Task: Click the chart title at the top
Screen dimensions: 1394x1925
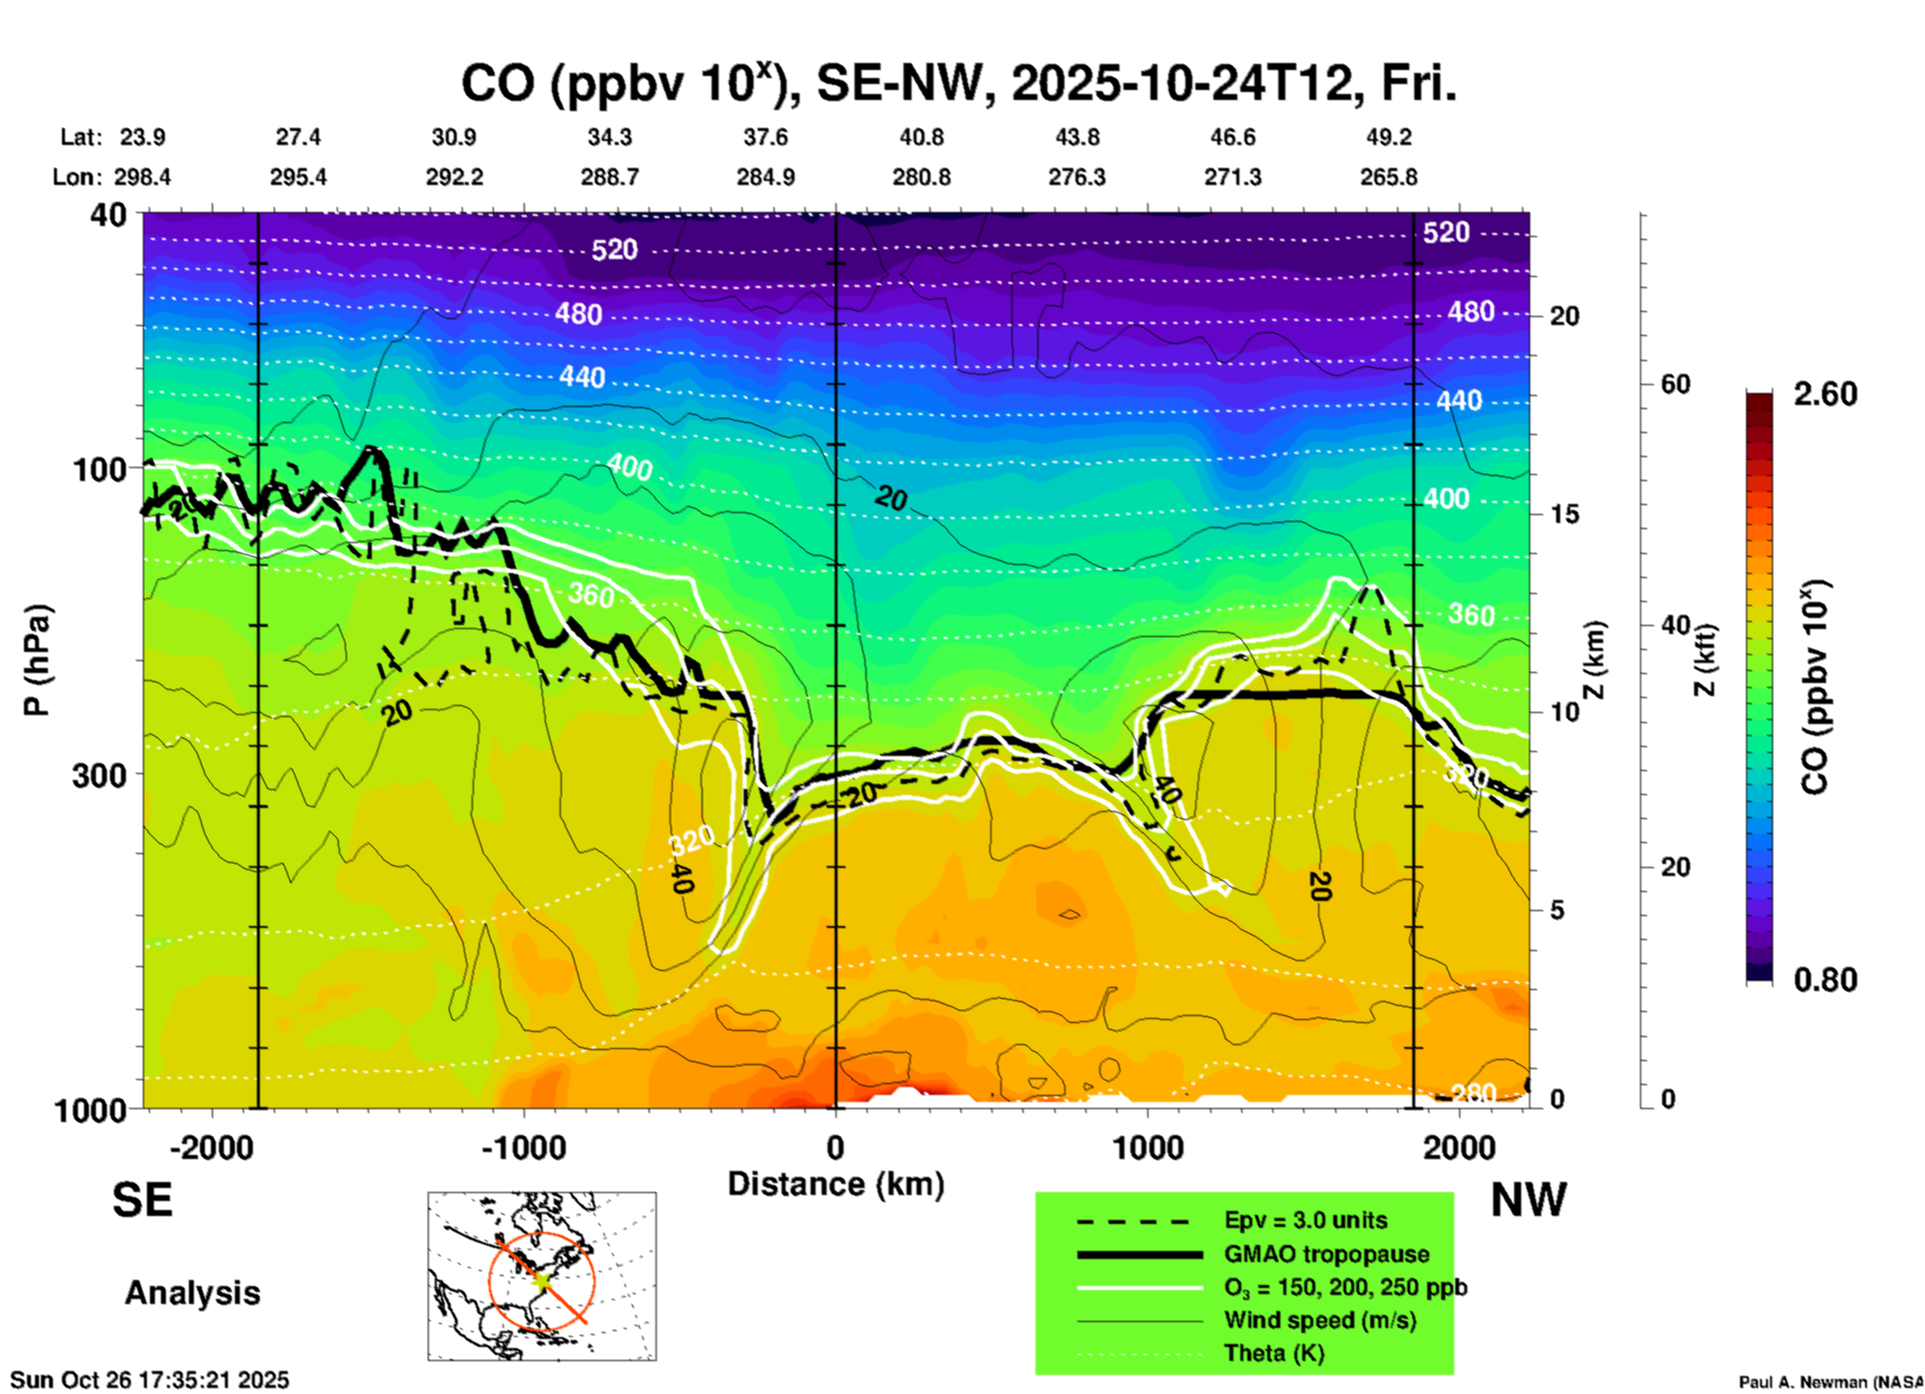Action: coord(958,84)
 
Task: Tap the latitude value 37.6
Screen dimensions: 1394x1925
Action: coord(766,137)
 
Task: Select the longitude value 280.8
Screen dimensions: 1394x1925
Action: coord(922,178)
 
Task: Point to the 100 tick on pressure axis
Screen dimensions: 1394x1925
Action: coord(100,469)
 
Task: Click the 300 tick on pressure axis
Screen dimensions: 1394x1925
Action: coord(100,775)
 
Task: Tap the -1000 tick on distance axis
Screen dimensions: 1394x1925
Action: coord(523,1147)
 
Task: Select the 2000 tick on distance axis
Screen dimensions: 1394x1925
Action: coord(1459,1147)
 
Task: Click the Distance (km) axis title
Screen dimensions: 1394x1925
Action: coord(836,1184)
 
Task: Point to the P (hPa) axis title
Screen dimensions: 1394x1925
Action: coord(36,660)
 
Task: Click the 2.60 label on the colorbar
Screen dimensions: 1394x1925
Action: coord(1825,394)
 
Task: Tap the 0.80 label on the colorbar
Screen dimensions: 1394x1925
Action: coord(1825,979)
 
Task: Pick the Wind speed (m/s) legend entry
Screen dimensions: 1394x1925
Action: coord(1319,1320)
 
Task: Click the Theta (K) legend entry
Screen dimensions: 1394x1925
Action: coord(1274,1353)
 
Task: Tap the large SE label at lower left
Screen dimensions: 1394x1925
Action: coord(142,1200)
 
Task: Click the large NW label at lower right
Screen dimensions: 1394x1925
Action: coord(1528,1200)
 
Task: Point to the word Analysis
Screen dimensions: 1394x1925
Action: coord(192,1293)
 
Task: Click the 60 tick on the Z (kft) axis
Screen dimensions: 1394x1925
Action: coord(1675,384)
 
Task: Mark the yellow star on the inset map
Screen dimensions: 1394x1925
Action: coord(541,1279)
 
